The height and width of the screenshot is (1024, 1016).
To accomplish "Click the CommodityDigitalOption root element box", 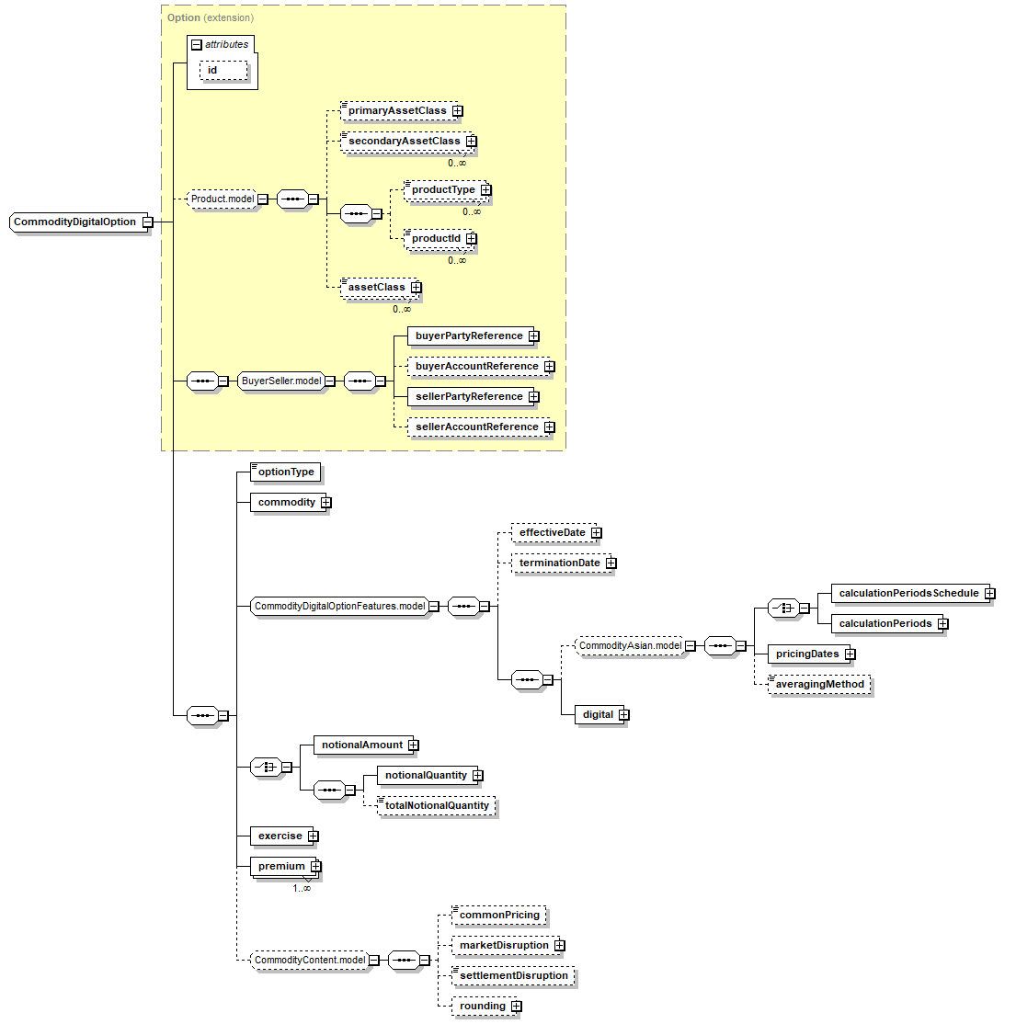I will (x=75, y=222).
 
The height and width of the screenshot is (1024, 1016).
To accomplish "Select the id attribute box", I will (x=223, y=71).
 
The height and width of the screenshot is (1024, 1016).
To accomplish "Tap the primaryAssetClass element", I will (x=396, y=111).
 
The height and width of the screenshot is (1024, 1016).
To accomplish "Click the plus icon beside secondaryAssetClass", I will (x=472, y=142).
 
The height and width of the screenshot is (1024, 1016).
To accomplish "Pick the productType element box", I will (x=442, y=190).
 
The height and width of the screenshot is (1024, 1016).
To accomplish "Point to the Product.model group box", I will (x=223, y=199).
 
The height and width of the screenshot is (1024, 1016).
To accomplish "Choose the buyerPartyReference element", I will (x=469, y=336).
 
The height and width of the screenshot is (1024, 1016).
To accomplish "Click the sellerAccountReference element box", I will (x=476, y=427).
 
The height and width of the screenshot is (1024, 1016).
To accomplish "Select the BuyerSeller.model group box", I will (x=281, y=381).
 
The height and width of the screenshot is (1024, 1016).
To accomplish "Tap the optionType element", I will (x=286, y=472).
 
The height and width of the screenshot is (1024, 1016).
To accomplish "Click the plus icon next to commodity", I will (x=326, y=503).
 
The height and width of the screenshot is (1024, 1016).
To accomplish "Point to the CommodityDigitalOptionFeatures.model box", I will (x=340, y=607).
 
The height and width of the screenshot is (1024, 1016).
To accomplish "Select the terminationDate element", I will (x=559, y=563).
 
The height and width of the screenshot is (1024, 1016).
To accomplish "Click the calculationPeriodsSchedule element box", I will (x=908, y=594).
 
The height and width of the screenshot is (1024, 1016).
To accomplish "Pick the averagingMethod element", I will (x=819, y=685).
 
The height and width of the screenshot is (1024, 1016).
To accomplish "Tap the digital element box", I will (x=598, y=715).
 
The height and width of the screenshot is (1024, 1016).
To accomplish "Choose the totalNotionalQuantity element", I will (x=437, y=806).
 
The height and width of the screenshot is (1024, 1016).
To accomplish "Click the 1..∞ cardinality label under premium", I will (x=302, y=888).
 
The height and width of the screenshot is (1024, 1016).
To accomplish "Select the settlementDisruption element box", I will (x=513, y=976).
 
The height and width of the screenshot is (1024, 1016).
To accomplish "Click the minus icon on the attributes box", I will (x=196, y=45).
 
